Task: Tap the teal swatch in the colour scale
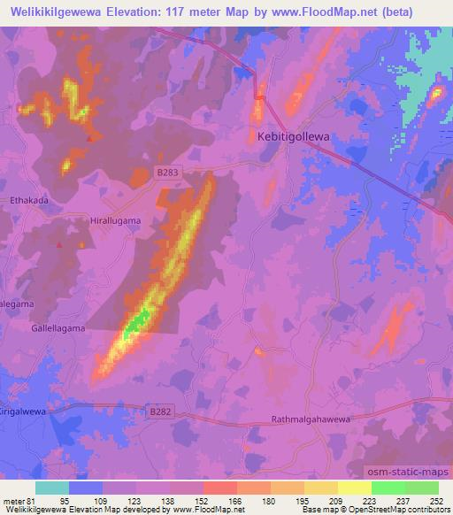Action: (x=52, y=488)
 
